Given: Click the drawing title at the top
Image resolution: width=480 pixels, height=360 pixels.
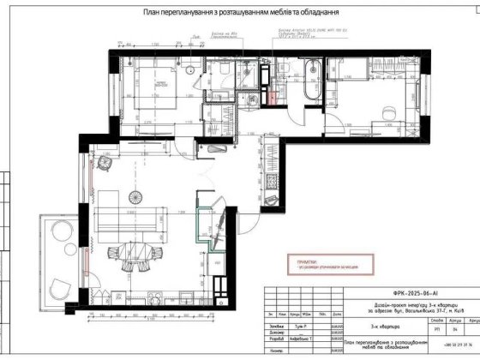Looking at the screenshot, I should pos(239,13).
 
